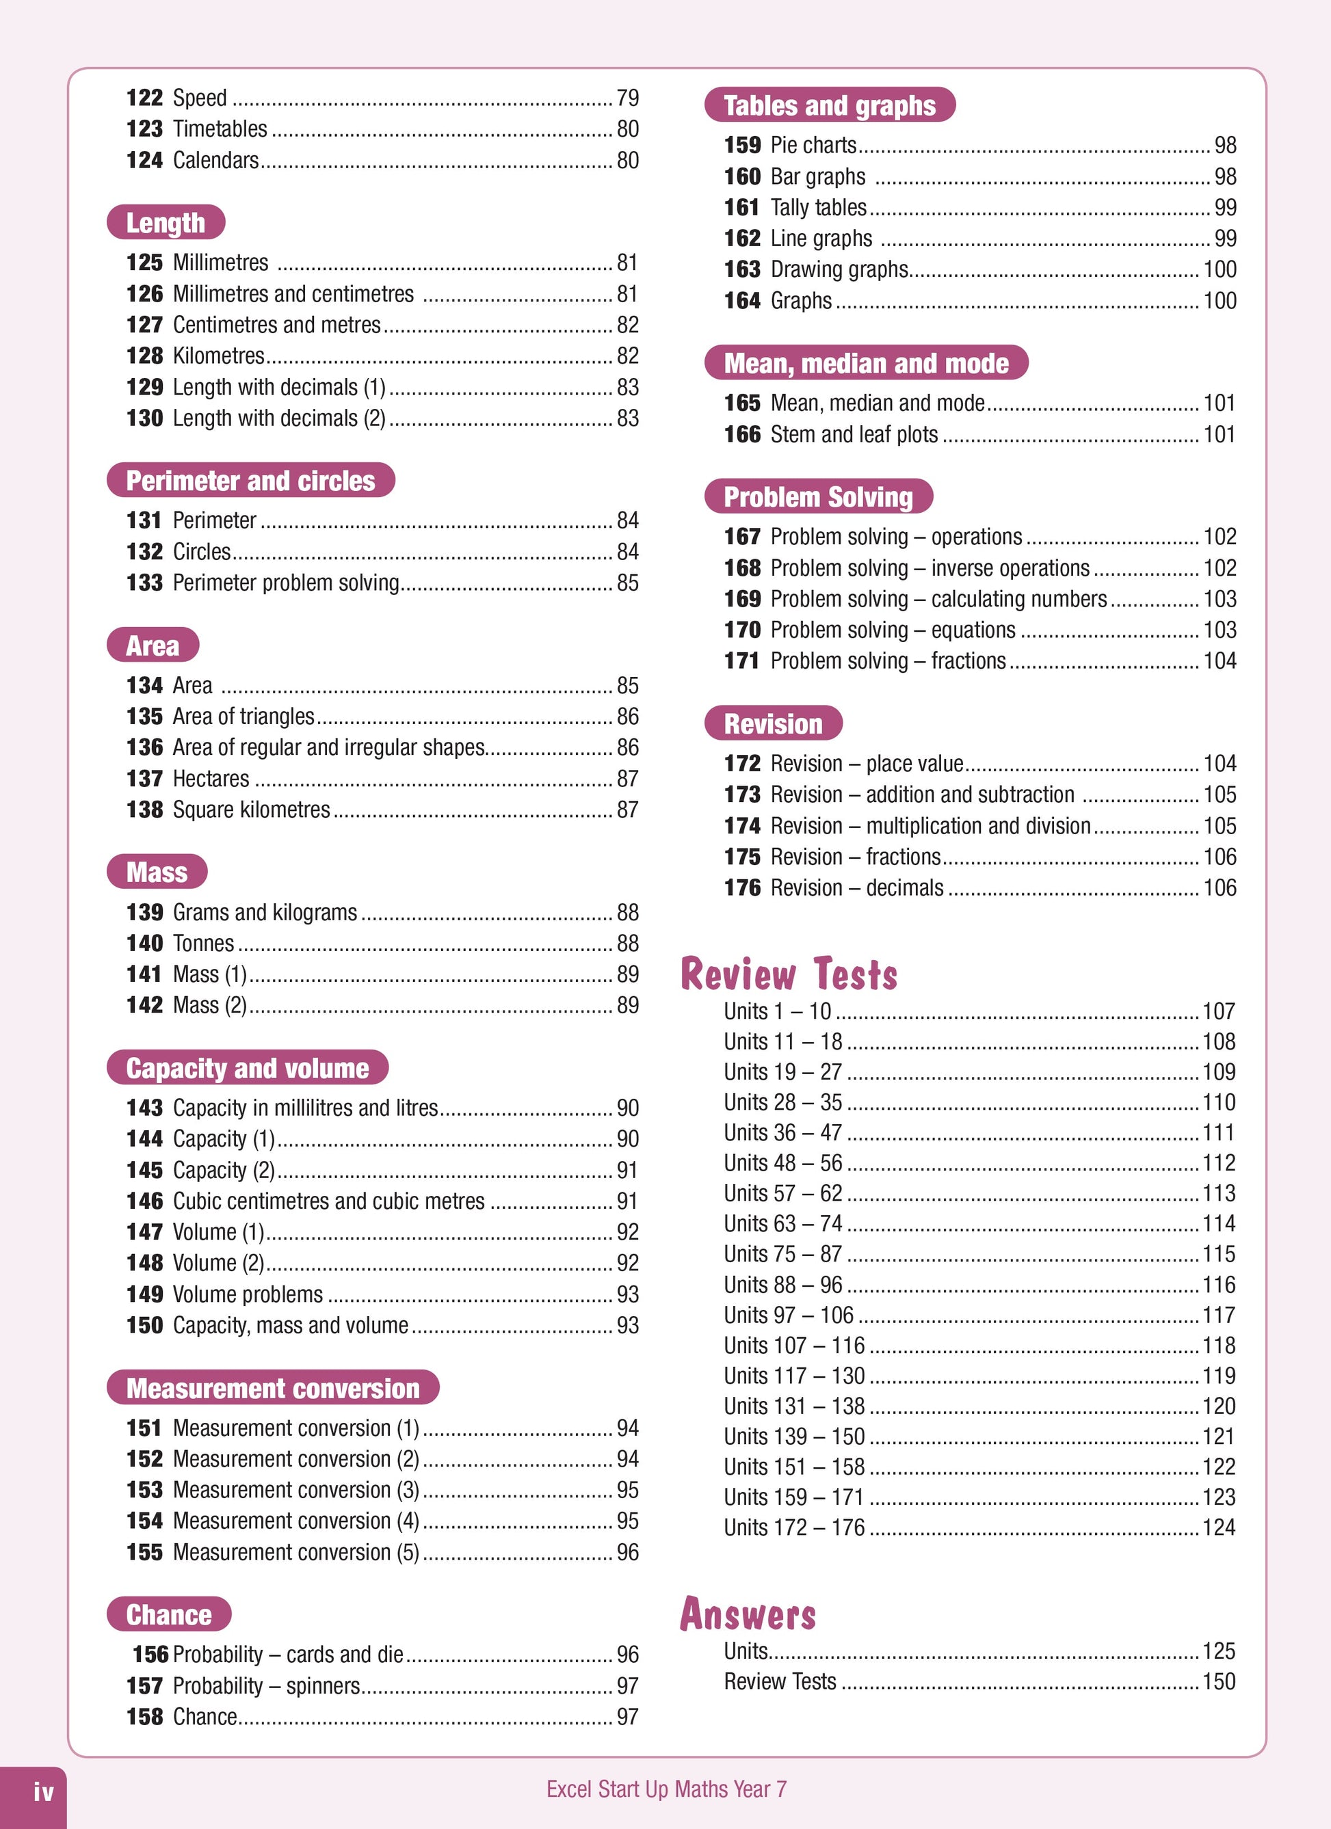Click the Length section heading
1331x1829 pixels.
[166, 223]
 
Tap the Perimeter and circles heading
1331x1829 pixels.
[250, 481]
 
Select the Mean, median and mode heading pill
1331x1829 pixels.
[865, 363]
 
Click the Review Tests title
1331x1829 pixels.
[788, 974]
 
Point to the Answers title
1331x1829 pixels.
[748, 1614]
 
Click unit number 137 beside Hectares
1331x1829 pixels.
[144, 778]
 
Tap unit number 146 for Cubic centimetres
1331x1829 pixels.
[144, 1201]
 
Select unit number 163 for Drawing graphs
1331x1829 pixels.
[742, 269]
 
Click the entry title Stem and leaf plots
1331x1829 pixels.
[854, 435]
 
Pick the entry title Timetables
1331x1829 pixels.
[220, 129]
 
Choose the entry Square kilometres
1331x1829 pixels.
[251, 810]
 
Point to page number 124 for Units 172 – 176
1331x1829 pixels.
[1218, 1527]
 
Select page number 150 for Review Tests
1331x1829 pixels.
[1218, 1681]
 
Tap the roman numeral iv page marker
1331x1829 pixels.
[44, 1792]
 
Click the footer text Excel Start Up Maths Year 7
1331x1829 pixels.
[665, 1789]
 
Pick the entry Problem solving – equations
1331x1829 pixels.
[892, 630]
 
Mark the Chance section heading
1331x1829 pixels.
[168, 1614]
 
